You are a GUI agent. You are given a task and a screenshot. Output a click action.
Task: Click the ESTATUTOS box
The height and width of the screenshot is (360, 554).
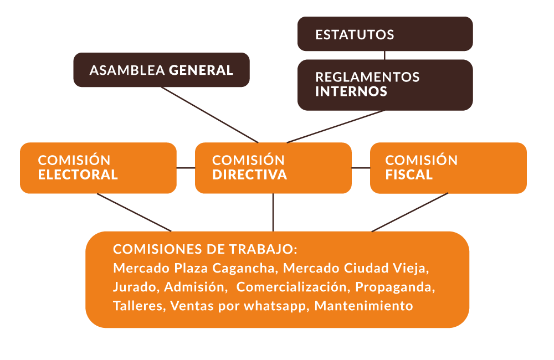click(385, 34)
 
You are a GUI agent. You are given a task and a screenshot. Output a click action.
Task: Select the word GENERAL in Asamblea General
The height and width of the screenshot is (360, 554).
click(201, 70)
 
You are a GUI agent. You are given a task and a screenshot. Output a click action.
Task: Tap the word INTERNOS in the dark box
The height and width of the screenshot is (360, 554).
click(351, 91)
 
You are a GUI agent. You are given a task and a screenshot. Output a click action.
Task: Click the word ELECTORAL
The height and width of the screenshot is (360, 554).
click(78, 174)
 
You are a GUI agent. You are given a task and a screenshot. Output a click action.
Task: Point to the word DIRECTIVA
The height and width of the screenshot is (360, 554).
click(249, 174)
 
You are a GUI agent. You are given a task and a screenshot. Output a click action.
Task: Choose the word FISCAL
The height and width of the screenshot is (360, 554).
click(409, 174)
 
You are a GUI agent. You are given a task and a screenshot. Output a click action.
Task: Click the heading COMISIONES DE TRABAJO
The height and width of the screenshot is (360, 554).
click(206, 249)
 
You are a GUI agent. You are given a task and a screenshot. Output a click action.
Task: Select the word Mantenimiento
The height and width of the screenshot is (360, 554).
click(363, 306)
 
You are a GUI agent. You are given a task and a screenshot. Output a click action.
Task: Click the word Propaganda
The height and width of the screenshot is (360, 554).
click(395, 287)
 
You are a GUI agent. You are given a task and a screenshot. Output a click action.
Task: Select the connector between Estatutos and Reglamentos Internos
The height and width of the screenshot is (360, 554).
click(385, 55)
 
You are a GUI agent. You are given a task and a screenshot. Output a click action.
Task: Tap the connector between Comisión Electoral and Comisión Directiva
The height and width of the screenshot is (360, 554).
click(186, 168)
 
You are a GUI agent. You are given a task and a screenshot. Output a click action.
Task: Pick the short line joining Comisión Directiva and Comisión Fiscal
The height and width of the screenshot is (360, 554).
click(361, 168)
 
